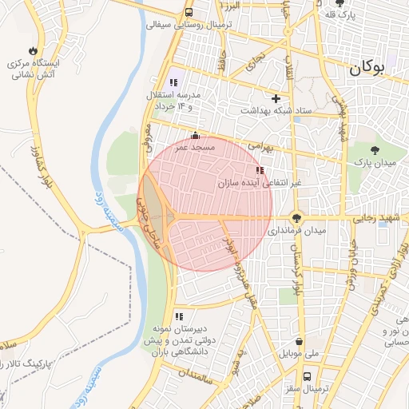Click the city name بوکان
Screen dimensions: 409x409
(x=377, y=69)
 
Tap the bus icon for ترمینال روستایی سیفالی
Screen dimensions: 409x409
(x=189, y=13)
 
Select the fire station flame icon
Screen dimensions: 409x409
(x=34, y=49)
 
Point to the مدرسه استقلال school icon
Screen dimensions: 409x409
(x=173, y=82)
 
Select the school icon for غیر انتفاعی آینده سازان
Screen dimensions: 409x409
(x=259, y=170)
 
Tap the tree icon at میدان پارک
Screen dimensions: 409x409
(x=376, y=149)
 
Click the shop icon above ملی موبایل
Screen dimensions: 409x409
(x=299, y=340)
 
